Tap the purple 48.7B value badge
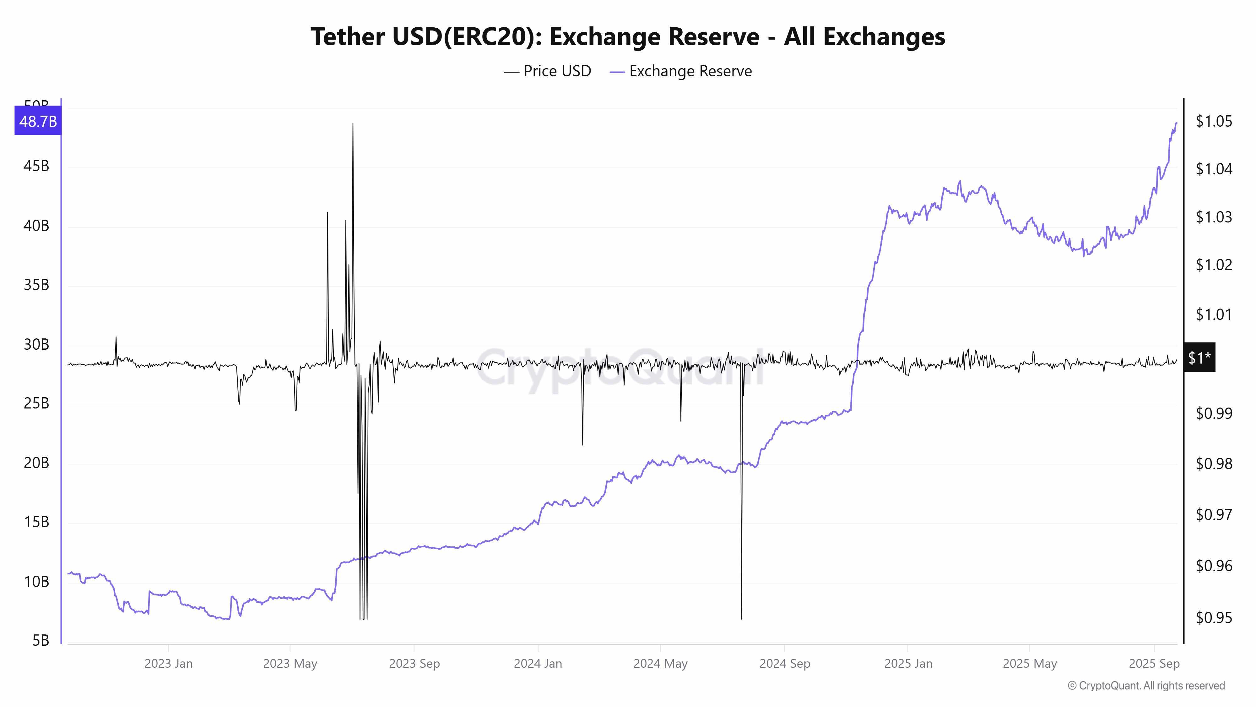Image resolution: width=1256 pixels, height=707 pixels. [x=38, y=121]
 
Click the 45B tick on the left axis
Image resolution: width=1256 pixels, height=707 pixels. [x=36, y=167]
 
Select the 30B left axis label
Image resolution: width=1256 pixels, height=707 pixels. [x=36, y=344]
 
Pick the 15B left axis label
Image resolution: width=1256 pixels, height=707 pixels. [x=36, y=522]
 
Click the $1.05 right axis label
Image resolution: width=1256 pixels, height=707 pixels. [x=1214, y=121]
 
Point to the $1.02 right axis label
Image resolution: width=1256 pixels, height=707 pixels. [x=1214, y=265]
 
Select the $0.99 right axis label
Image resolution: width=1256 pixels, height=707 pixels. [x=1214, y=413]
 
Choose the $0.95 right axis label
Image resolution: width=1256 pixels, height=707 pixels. [x=1214, y=618]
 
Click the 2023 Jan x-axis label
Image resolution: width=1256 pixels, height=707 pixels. [x=168, y=664]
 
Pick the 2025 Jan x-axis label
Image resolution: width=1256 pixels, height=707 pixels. [x=908, y=664]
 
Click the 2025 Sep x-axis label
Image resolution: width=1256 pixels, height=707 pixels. [x=1154, y=664]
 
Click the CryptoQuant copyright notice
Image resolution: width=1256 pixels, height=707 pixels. [x=1146, y=686]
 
